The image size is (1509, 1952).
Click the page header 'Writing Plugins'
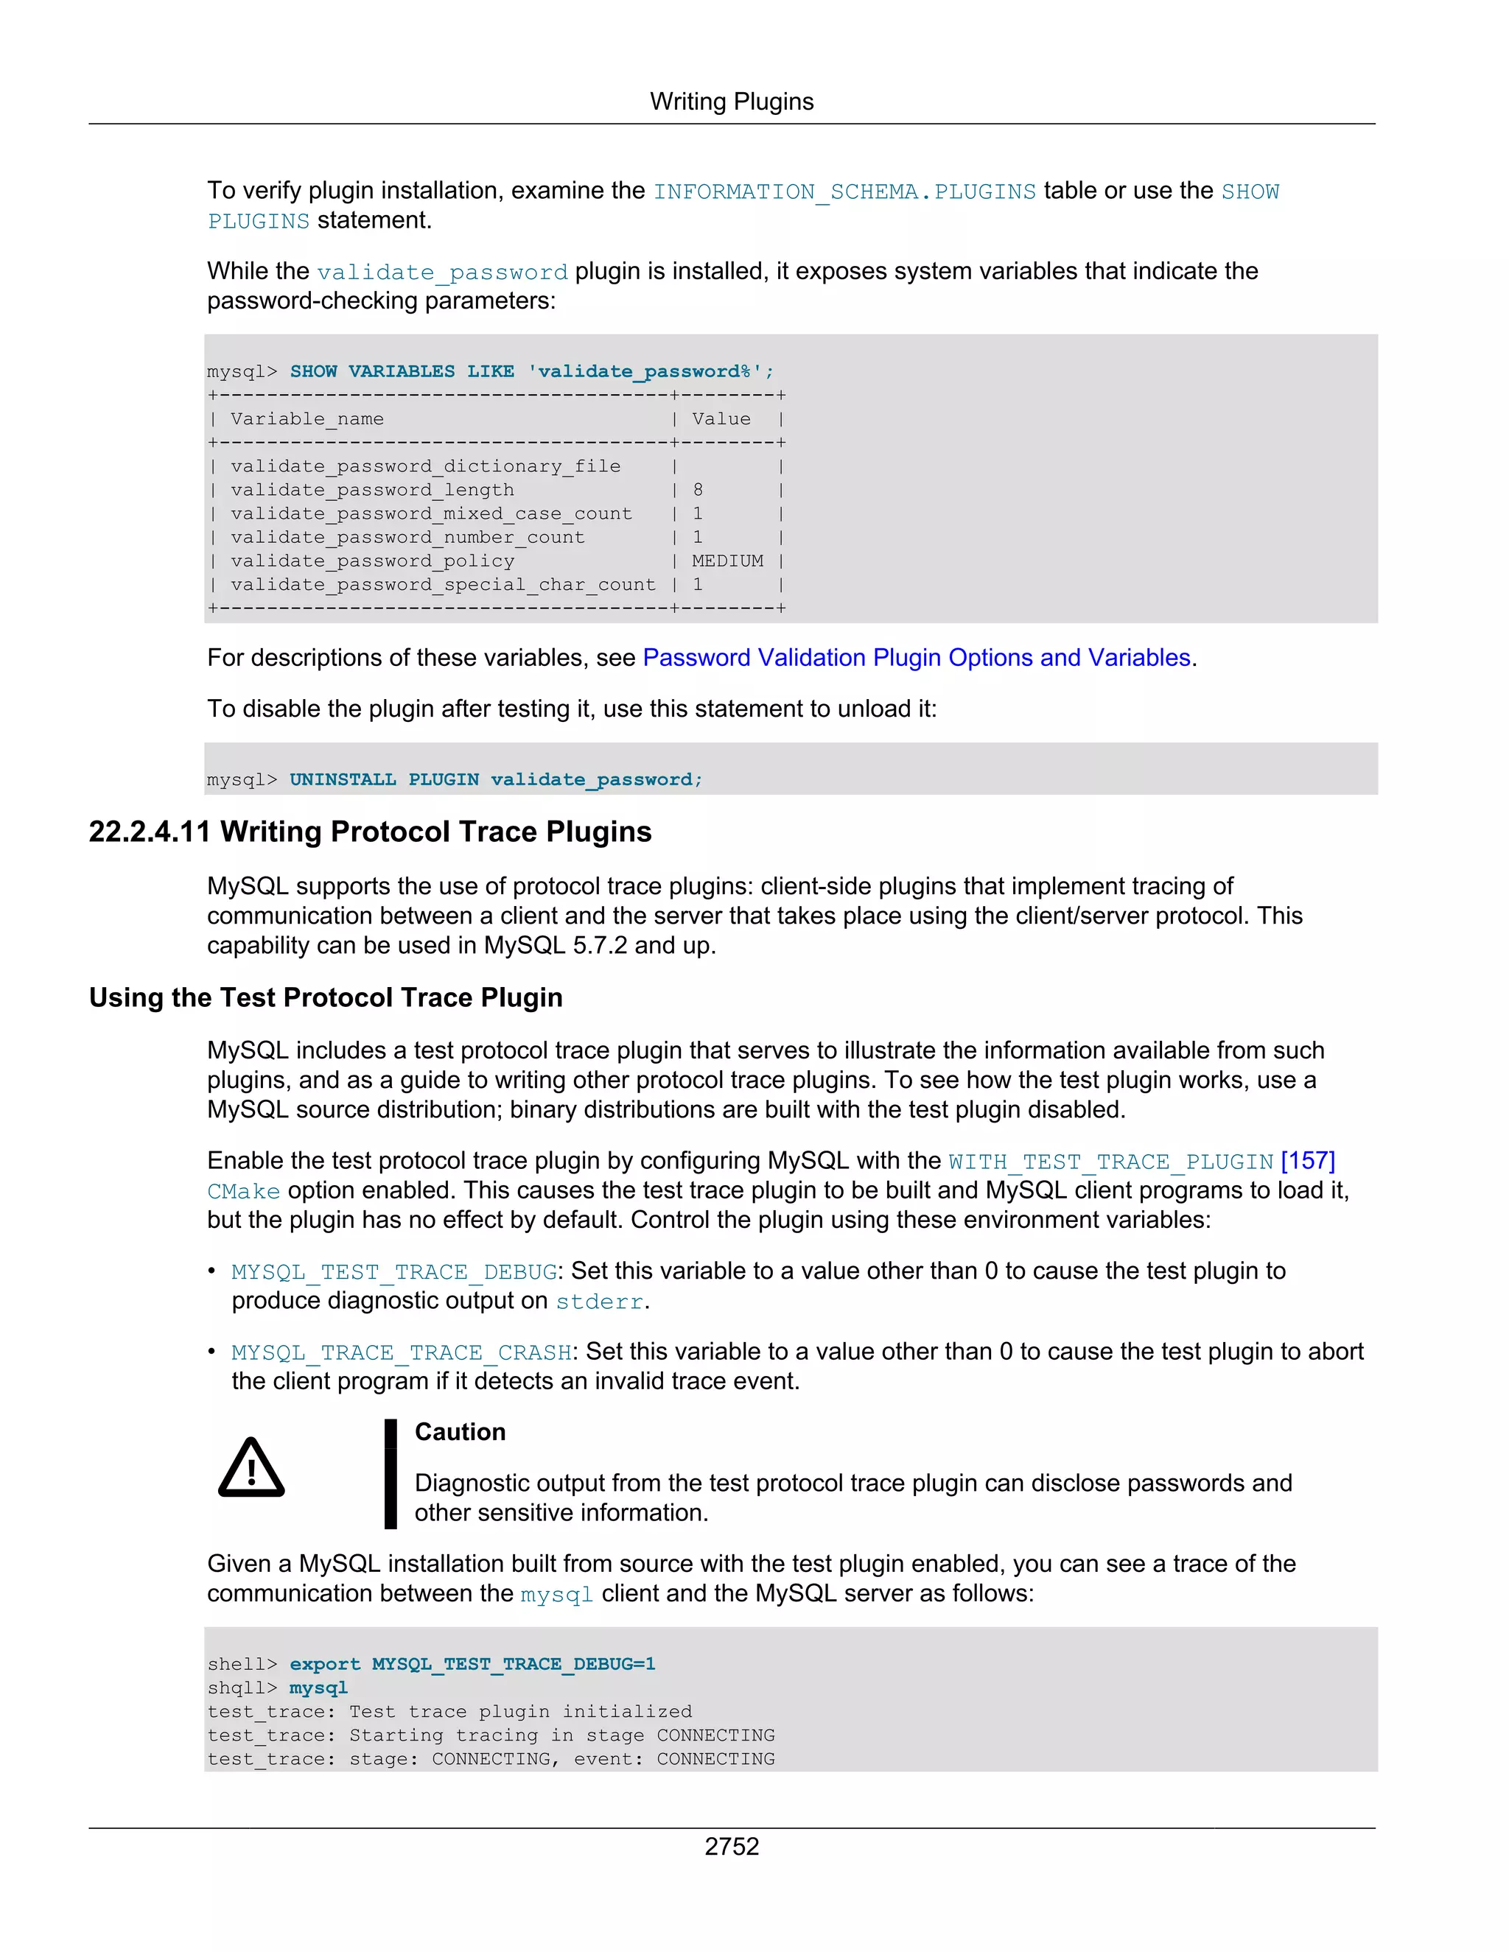click(x=731, y=102)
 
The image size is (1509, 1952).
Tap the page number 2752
click(x=731, y=1846)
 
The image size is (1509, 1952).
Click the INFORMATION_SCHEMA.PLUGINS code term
click(x=844, y=192)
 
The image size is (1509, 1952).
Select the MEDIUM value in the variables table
click(x=727, y=561)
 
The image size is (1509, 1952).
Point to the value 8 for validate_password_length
click(x=697, y=490)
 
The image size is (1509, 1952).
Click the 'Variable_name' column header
click(x=307, y=419)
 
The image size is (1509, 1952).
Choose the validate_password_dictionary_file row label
click(x=424, y=466)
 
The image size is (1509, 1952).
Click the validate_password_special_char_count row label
click(x=443, y=585)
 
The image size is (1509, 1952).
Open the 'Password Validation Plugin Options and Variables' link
click(x=917, y=658)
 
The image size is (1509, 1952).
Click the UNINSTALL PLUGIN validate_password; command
click(x=495, y=779)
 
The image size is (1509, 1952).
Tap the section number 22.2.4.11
click(x=150, y=832)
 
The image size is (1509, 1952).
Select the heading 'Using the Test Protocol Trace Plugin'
click(x=326, y=997)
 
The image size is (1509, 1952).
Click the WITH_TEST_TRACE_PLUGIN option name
click(x=1110, y=1162)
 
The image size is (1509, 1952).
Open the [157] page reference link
click(x=1307, y=1161)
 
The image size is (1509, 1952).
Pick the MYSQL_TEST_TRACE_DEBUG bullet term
click(x=394, y=1272)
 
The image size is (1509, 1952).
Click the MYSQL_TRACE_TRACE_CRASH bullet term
click(x=402, y=1352)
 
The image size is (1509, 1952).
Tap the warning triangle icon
click(x=251, y=1469)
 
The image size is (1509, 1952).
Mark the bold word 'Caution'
click(x=460, y=1432)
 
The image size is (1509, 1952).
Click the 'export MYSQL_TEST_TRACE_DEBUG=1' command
click(x=472, y=1664)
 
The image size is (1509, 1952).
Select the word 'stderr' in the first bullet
click(x=599, y=1302)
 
